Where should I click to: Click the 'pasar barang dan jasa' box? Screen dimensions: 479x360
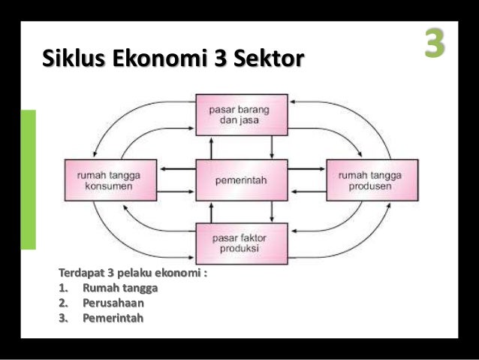tap(241, 114)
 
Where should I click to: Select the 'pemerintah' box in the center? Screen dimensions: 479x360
tap(241, 180)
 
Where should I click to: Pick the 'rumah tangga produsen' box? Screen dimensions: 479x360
tap(370, 180)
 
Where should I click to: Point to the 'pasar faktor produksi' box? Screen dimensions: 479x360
tap(241, 243)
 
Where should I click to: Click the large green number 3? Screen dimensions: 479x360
tap(433, 44)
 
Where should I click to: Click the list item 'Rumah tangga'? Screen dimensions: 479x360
tap(120, 288)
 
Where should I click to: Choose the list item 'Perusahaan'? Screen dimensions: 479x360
tap(113, 303)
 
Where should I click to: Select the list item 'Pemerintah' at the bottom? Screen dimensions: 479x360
tap(113, 318)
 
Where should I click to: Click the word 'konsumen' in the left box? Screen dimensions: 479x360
tap(105, 186)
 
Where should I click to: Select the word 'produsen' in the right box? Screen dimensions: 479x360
tap(370, 186)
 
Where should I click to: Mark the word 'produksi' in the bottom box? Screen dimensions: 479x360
tap(241, 249)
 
